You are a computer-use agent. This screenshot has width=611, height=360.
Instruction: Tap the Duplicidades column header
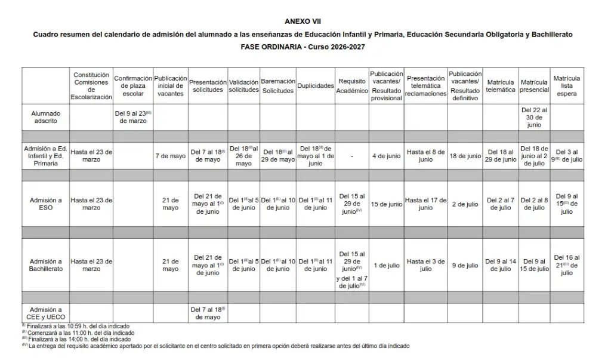click(x=315, y=86)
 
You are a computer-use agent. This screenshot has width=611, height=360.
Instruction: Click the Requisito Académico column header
click(x=352, y=86)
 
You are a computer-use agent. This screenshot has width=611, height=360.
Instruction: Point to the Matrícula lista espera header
click(x=566, y=86)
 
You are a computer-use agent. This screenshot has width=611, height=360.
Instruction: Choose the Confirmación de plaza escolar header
click(x=133, y=86)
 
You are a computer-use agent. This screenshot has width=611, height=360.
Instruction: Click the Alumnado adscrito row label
click(x=46, y=116)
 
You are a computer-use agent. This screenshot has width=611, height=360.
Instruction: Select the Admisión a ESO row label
click(x=46, y=204)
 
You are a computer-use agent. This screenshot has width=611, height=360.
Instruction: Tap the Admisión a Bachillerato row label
click(x=46, y=265)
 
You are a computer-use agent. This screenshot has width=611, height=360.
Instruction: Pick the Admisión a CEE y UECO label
click(x=46, y=313)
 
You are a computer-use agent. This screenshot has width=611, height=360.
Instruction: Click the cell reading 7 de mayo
click(x=171, y=156)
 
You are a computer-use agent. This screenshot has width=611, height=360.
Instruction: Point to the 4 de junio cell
click(x=386, y=156)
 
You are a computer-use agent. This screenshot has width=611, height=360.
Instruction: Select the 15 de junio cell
click(x=386, y=204)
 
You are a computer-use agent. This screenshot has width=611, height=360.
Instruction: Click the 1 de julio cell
click(x=386, y=266)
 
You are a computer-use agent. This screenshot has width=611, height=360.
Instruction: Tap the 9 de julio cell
click(x=465, y=266)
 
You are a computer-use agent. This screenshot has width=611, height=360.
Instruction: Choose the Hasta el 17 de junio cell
click(x=425, y=204)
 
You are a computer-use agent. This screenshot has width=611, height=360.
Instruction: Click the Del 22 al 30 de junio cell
click(x=534, y=118)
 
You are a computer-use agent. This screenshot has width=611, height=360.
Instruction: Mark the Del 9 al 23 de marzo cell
click(x=133, y=116)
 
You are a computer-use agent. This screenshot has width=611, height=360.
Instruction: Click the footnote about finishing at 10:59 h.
click(x=77, y=327)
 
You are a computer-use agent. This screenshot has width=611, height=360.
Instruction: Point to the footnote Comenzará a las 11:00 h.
click(x=77, y=333)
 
